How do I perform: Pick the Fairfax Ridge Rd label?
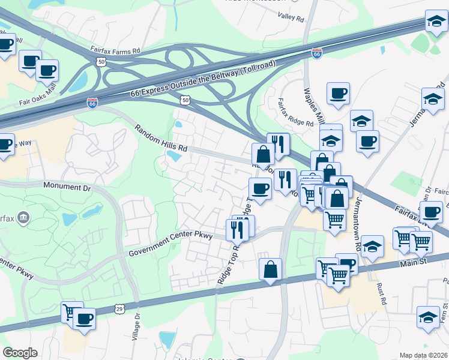point(295,112)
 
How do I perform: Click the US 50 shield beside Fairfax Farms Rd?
point(100,61)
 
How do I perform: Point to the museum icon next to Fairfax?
point(23,217)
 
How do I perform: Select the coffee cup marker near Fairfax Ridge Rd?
point(338,93)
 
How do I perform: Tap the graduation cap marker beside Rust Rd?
point(372,247)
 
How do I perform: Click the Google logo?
point(20,353)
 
